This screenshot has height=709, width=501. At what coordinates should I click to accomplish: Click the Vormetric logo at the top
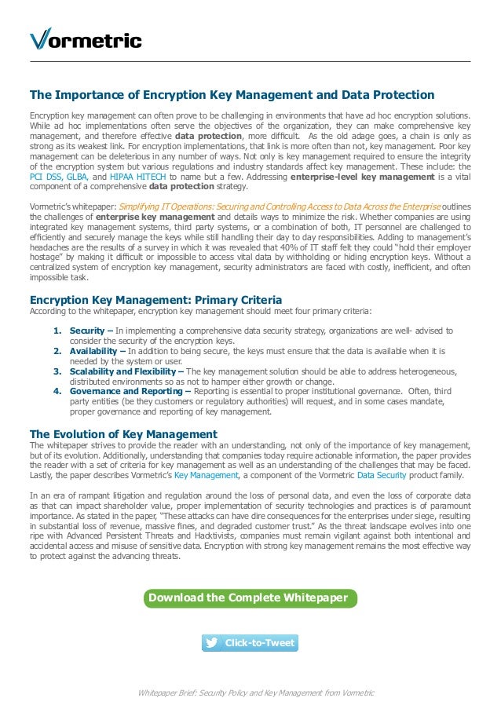(x=86, y=40)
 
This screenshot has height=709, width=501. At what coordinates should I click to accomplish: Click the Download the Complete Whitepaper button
(x=248, y=598)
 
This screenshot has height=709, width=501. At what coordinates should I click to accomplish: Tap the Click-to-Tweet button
(x=250, y=643)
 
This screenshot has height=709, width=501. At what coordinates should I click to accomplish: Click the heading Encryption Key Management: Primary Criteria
(x=155, y=300)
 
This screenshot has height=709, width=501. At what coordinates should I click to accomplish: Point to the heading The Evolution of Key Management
(x=123, y=434)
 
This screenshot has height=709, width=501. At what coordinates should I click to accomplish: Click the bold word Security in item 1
(x=87, y=331)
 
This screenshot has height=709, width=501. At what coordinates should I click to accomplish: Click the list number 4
(x=57, y=391)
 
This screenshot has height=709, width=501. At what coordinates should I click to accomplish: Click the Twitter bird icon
(x=211, y=643)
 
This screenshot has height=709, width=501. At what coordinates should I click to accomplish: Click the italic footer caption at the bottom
(x=256, y=693)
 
